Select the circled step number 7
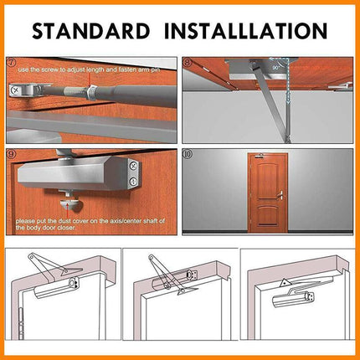point(12,63)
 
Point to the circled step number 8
point(188,63)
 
